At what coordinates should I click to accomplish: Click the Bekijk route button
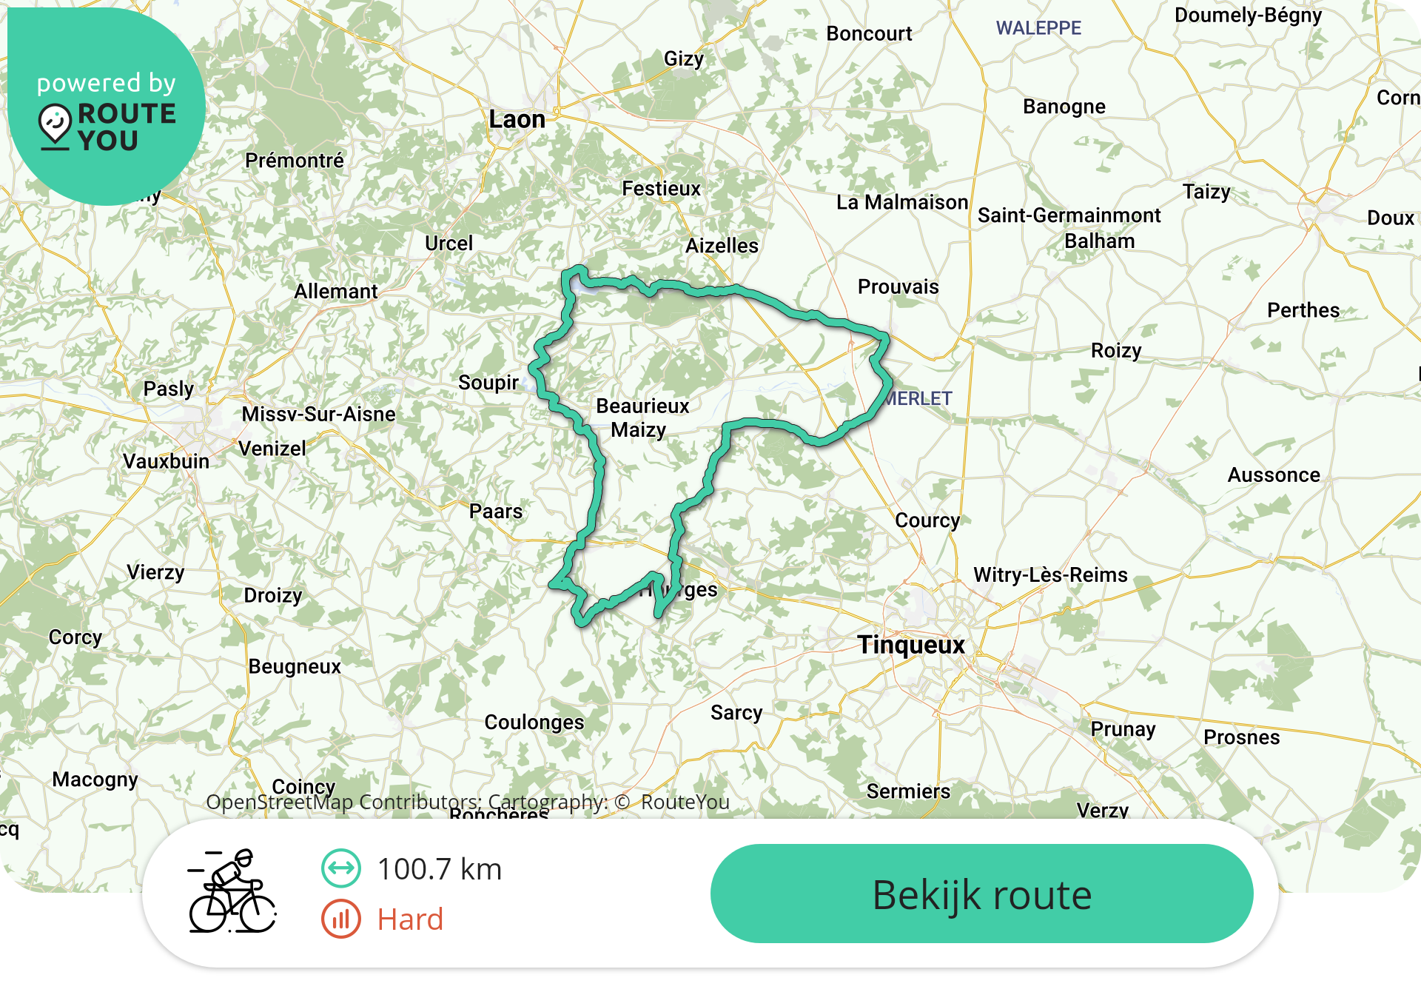coord(981,894)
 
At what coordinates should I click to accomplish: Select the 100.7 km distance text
coord(440,869)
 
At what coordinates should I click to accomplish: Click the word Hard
coord(410,919)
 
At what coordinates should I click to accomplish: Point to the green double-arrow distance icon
coord(341,868)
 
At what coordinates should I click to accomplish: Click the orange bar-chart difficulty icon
coord(341,919)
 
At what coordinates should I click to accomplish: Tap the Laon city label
coord(517,119)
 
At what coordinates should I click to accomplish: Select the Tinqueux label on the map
coord(911,645)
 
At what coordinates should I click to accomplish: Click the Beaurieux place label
coord(642,406)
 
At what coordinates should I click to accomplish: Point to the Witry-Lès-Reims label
coord(1050,575)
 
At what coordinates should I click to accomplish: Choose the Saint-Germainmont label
coord(1069,215)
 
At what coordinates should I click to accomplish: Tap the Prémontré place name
coord(295,161)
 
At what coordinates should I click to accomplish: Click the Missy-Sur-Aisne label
coord(318,414)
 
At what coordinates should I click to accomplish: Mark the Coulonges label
coord(534,723)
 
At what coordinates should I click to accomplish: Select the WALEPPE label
coord(1038,28)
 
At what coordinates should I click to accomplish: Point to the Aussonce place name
coord(1274,475)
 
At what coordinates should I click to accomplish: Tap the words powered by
coord(107,83)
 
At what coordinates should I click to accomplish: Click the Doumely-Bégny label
coord(1248,16)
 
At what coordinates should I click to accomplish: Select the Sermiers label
coord(908,791)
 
